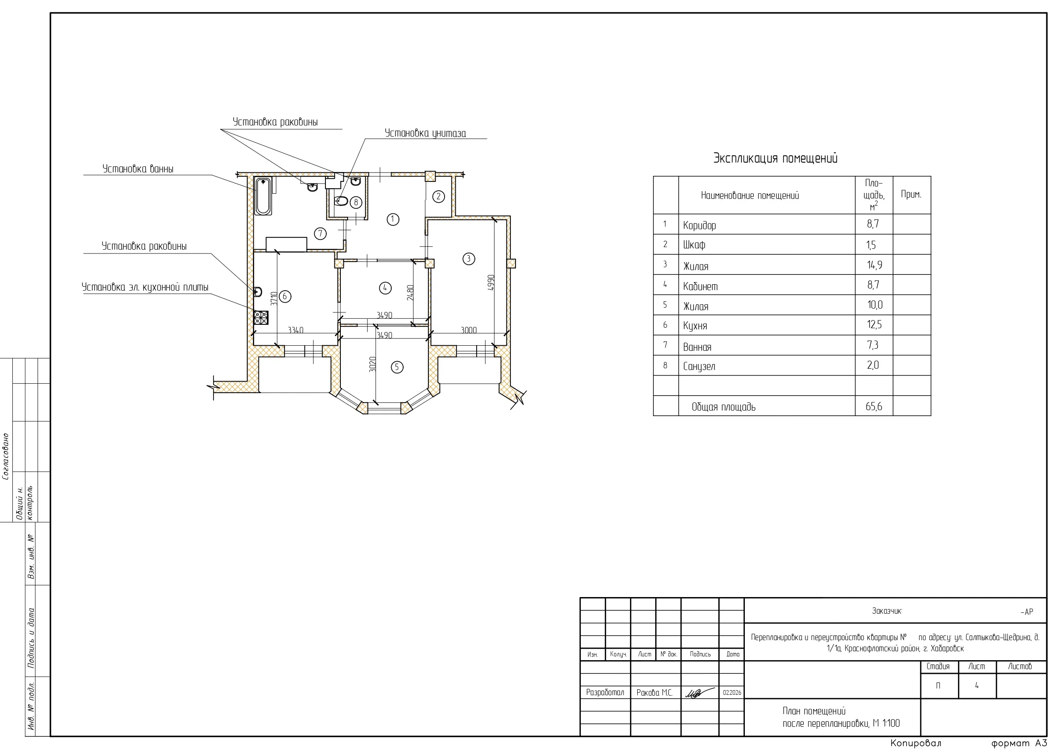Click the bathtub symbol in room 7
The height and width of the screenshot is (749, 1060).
(263, 196)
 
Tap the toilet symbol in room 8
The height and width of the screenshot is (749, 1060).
(341, 201)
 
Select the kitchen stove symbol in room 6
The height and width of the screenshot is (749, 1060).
(261, 318)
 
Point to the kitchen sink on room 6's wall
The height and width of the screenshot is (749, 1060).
(258, 291)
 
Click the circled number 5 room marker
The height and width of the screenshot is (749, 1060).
(397, 367)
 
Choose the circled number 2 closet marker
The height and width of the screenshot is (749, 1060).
(439, 197)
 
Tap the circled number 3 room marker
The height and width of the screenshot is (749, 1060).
(469, 259)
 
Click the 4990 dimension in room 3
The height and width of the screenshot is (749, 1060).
(491, 283)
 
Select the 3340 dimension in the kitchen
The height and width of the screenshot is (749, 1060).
(296, 330)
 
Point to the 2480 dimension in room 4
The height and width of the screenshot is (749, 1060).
(410, 293)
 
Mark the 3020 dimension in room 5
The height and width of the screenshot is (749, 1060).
(372, 364)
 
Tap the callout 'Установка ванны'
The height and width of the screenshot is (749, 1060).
(138, 169)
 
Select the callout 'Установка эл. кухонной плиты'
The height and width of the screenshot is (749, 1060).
(145, 287)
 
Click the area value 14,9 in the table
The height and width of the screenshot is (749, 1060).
(874, 265)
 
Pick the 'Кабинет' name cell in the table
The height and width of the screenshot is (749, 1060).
(700, 286)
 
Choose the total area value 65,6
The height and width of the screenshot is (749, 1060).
(874, 406)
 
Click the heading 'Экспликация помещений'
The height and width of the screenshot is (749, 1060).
(775, 158)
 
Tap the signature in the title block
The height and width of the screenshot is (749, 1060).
(700, 693)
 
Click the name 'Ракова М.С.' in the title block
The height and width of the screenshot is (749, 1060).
(654, 693)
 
